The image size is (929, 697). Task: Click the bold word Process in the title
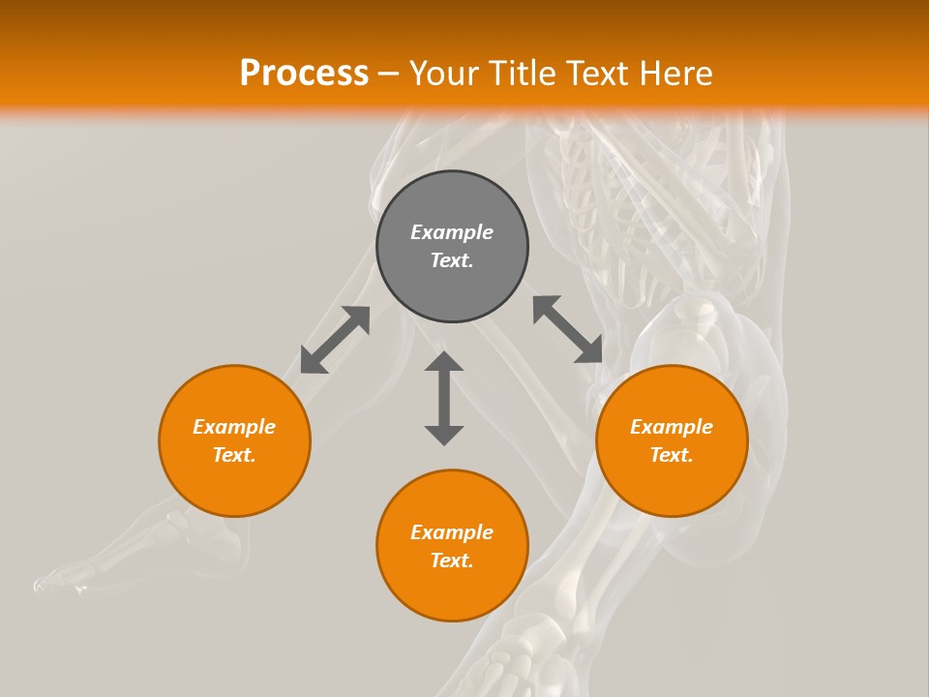[x=304, y=74]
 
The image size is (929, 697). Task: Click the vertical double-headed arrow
[x=444, y=398]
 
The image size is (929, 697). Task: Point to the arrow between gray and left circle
[x=335, y=340]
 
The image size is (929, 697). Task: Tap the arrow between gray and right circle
[x=568, y=329]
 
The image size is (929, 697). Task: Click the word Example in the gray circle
[x=452, y=232]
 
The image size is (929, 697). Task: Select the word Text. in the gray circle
[x=452, y=260]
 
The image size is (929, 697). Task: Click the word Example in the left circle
[x=234, y=427]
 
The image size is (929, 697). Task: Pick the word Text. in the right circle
[x=672, y=455]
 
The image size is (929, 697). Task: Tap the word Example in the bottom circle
[x=452, y=532]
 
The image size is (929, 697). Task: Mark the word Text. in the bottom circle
[x=452, y=561]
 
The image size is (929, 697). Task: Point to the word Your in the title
[x=444, y=74]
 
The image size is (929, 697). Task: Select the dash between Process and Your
[x=388, y=74]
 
